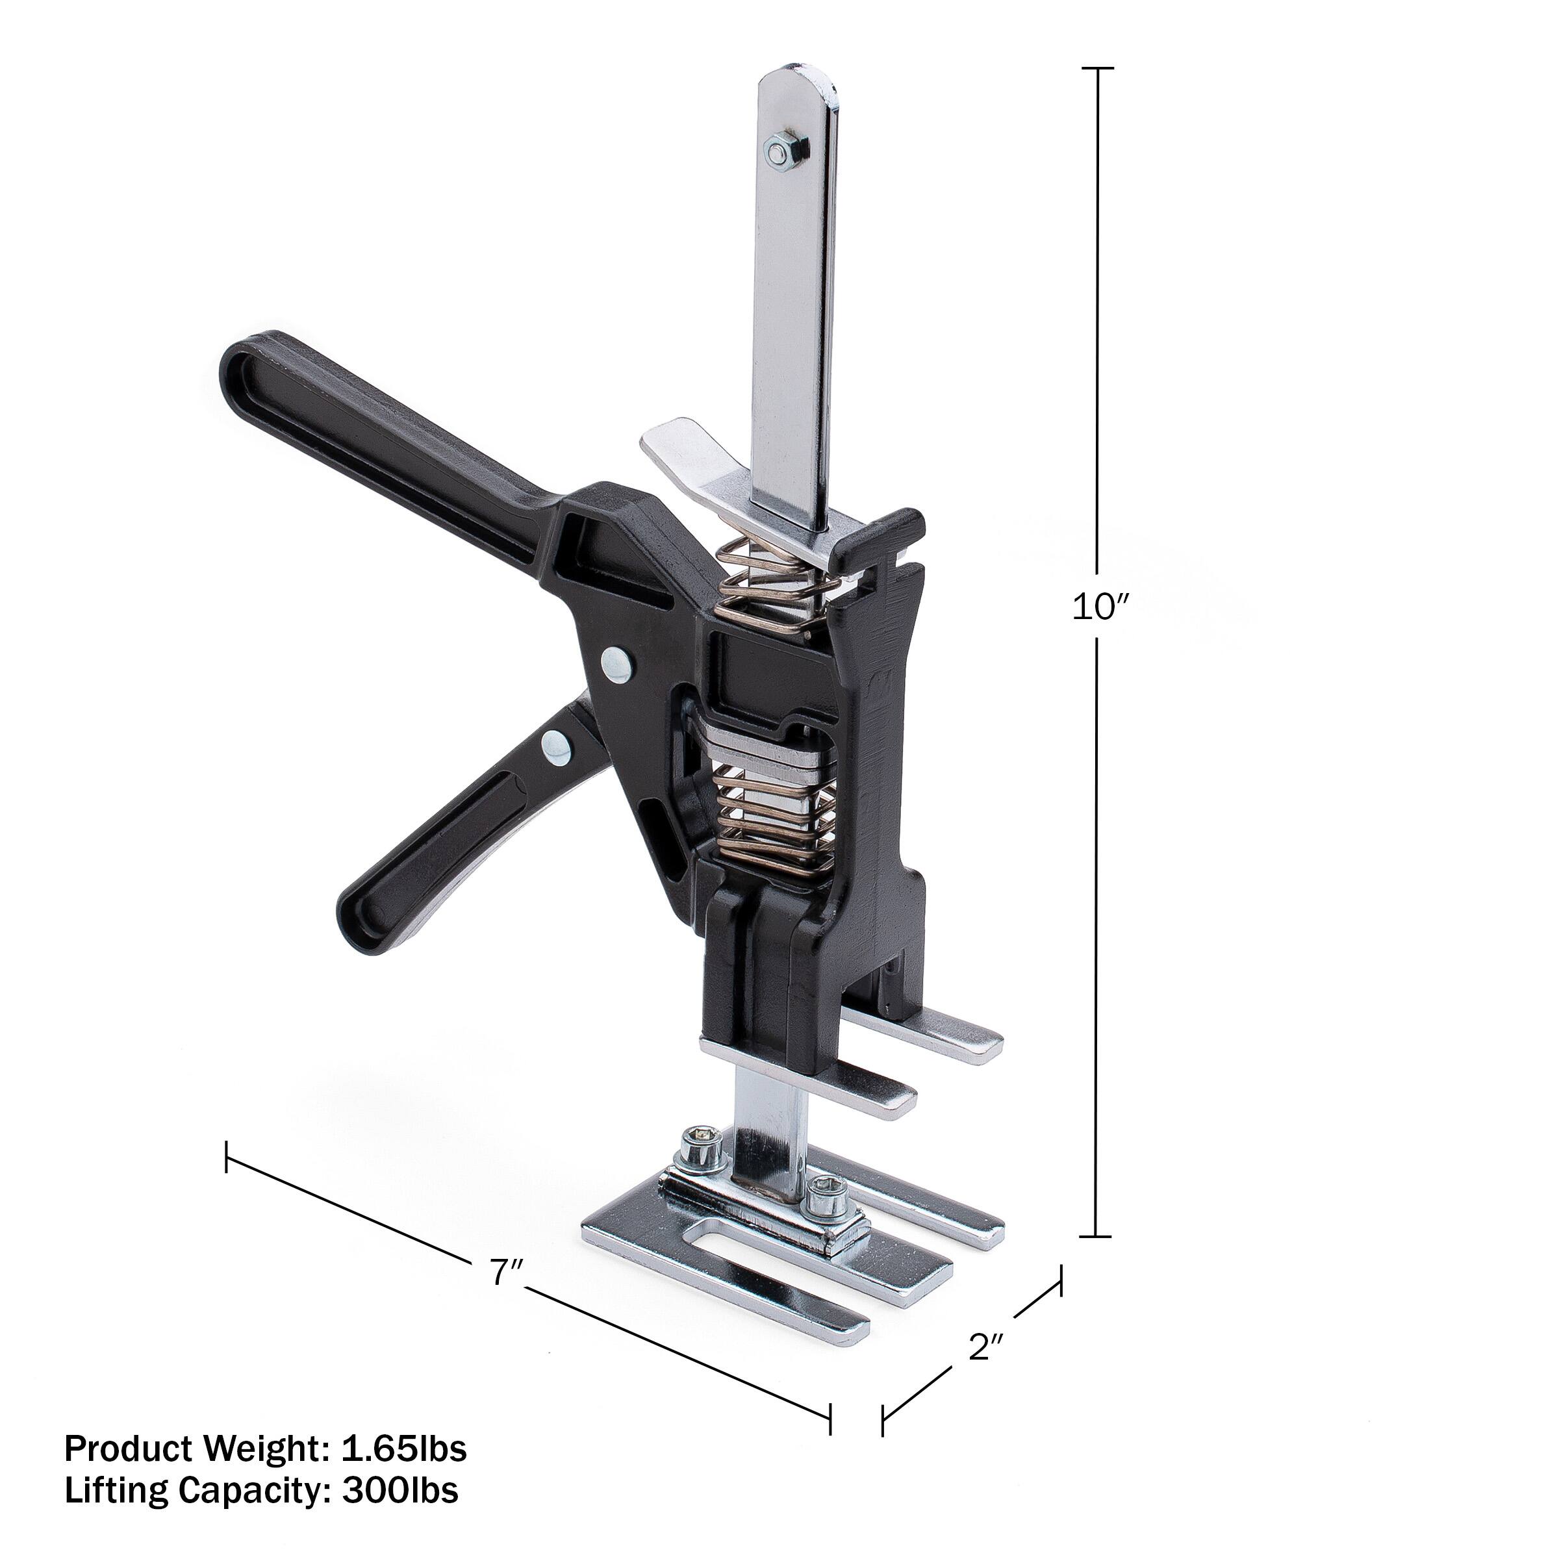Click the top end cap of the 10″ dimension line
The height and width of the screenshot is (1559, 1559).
tap(1096, 69)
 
